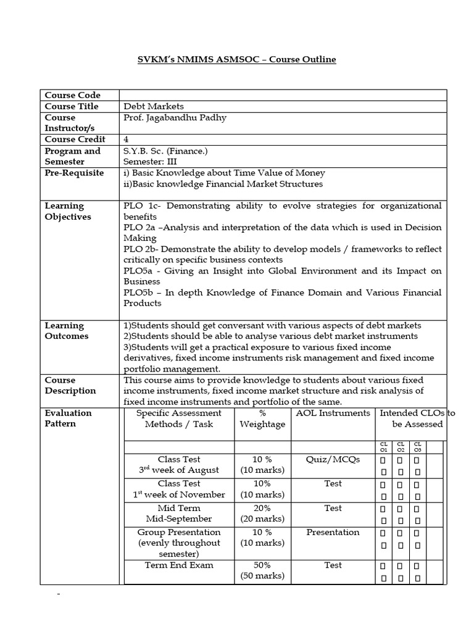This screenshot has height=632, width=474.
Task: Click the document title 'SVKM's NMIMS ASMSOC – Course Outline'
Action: (236, 59)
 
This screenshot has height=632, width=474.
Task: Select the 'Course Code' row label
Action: (72, 95)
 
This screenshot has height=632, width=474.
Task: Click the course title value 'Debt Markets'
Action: (154, 106)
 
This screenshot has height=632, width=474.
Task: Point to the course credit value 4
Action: (127, 139)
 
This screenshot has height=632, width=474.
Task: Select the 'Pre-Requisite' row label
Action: (74, 173)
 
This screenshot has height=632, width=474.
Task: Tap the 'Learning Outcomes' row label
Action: (66, 331)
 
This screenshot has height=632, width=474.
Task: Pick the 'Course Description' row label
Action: (70, 385)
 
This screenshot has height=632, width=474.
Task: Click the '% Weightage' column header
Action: (262, 418)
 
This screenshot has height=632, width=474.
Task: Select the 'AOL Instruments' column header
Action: (333, 413)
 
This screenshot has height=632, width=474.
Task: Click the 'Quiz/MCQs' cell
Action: (333, 459)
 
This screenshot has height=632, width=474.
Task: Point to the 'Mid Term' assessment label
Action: (179, 508)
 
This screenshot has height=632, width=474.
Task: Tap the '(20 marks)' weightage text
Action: (262, 519)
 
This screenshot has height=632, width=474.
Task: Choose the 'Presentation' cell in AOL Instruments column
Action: (333, 532)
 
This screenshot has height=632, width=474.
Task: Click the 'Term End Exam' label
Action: (179, 565)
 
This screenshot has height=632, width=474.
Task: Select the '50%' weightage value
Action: (262, 565)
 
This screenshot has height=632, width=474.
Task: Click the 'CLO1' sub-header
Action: (383, 447)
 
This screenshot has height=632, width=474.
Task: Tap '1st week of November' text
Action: (179, 494)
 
